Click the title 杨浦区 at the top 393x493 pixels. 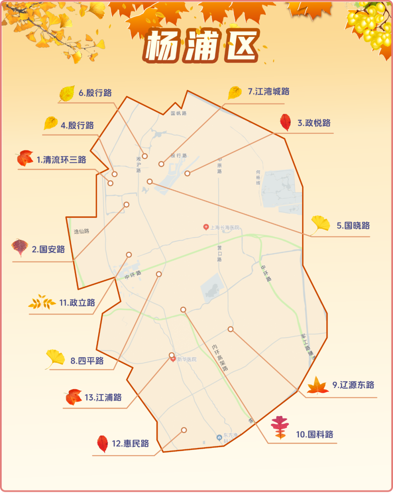(x=201, y=46)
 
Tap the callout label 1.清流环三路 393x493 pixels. (x=61, y=160)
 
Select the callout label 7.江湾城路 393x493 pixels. (x=269, y=92)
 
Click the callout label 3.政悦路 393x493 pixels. (x=314, y=123)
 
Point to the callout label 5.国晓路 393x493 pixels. (x=353, y=226)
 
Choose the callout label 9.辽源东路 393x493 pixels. (x=353, y=385)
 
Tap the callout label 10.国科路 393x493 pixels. (x=314, y=434)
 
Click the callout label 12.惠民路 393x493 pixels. (x=130, y=444)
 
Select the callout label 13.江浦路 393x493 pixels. (x=103, y=397)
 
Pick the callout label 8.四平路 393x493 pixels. (x=87, y=361)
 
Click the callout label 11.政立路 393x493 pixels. (x=77, y=303)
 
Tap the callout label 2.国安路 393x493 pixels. (x=48, y=249)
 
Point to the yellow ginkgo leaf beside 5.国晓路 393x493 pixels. (x=320, y=224)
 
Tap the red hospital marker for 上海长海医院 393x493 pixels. (x=206, y=227)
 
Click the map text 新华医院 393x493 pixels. (x=187, y=359)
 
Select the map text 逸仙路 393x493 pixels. (x=82, y=231)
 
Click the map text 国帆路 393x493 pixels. (x=179, y=114)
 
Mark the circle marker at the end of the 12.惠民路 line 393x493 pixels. (x=184, y=430)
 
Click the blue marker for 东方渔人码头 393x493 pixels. (x=219, y=437)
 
